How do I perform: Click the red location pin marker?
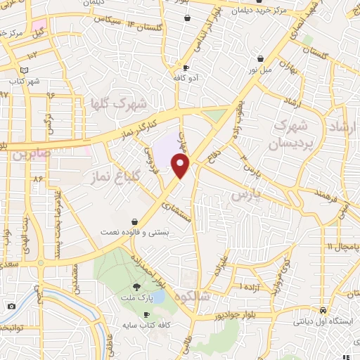tap(181, 166)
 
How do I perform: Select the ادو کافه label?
tap(186, 77)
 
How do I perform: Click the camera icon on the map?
tap(11, 306)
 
